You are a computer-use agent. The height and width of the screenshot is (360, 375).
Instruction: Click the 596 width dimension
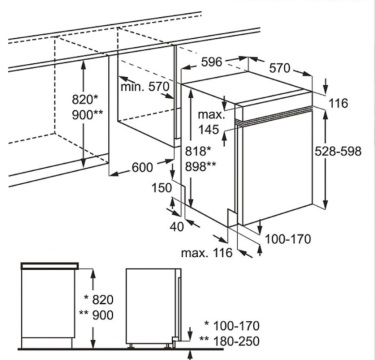point(211,62)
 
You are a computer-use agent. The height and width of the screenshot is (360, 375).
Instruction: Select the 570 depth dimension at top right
point(280,68)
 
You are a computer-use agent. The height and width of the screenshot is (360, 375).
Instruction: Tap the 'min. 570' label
point(145,87)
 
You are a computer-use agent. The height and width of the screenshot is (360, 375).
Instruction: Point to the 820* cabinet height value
point(83,99)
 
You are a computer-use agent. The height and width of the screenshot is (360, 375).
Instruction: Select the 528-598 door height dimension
point(338,151)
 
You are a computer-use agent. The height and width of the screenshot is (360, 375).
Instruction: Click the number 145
point(208,130)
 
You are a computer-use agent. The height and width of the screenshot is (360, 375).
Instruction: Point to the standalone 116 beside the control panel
point(338,103)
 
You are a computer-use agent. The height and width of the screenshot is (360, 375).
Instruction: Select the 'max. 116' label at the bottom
point(206,253)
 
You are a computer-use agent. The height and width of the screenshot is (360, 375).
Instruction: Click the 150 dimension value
point(162,188)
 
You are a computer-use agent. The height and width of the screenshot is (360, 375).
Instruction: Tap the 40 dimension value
point(176,226)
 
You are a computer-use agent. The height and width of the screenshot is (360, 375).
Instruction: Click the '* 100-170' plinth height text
point(231,326)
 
